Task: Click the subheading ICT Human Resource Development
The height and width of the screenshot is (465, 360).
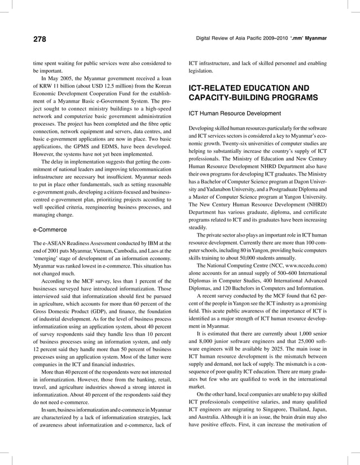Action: click(234, 113)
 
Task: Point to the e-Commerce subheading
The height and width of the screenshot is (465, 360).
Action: click(50, 230)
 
